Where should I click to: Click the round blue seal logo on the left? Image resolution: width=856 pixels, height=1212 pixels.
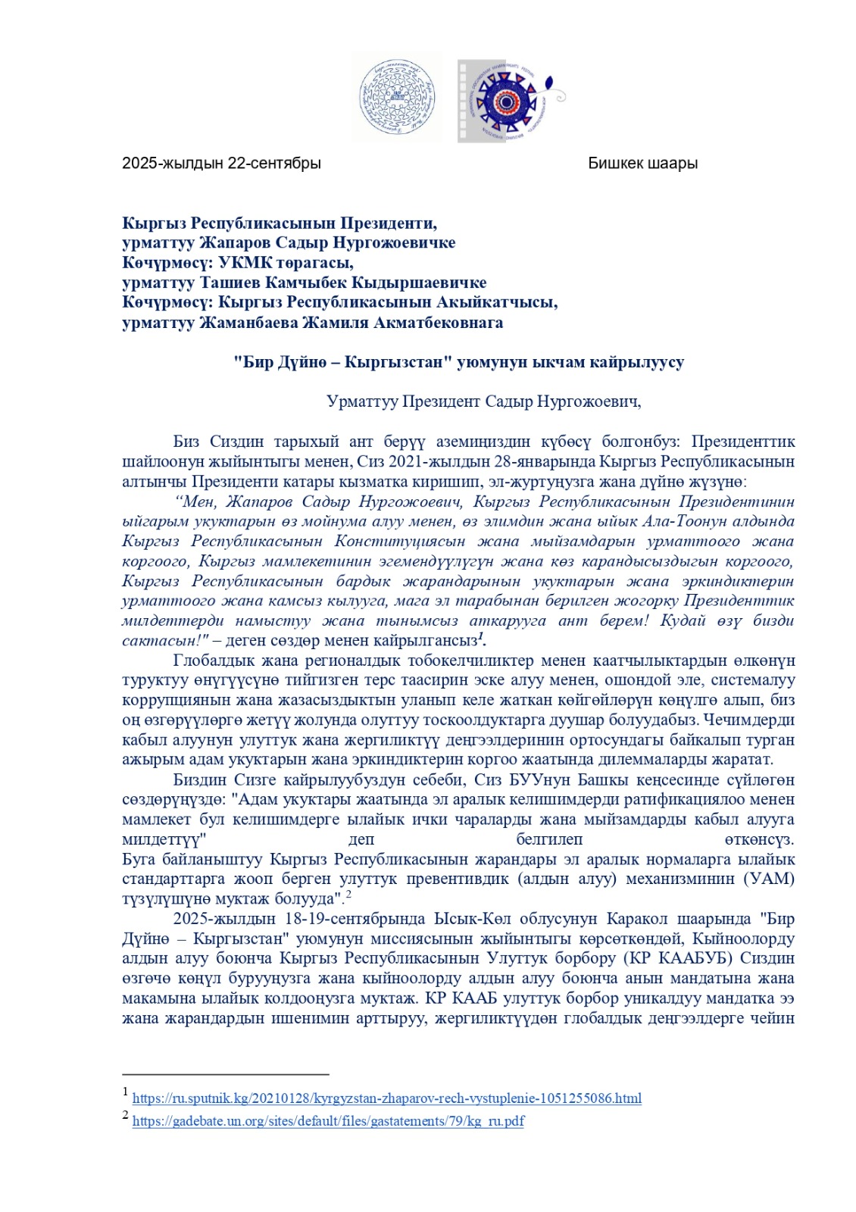397,98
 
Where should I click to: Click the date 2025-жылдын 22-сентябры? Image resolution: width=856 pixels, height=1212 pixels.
221,164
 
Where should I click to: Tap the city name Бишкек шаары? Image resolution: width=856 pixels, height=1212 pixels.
642,164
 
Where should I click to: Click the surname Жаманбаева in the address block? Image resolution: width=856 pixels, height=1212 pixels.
248,323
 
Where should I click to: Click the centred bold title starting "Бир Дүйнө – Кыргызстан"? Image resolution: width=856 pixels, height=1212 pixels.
458,363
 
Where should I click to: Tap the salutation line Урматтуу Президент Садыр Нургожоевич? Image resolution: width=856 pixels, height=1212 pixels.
483,401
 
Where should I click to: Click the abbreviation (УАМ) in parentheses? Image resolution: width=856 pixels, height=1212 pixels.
769,879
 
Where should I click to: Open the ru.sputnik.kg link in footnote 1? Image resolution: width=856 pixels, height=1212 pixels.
386,1098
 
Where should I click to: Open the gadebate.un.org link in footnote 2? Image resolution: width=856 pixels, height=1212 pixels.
328,1121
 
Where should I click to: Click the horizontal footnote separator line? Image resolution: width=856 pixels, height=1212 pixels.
225,1074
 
